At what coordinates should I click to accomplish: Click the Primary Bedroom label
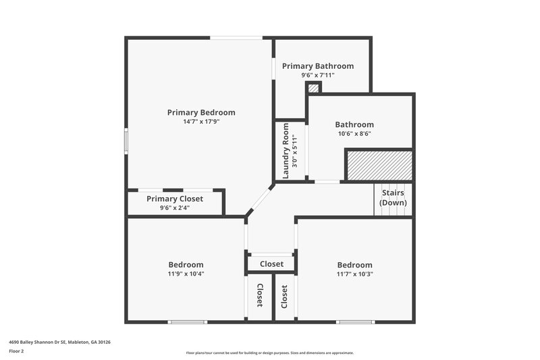coord(201,112)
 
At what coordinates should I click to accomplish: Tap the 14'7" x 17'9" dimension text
coord(201,122)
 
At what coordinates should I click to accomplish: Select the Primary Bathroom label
coord(317,66)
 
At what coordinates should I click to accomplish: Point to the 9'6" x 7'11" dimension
coord(317,75)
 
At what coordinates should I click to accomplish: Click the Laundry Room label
coord(286,151)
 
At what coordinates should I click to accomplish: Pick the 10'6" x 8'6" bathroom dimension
coord(354,134)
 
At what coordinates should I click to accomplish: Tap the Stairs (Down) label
coord(393,198)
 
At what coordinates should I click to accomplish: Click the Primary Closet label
coord(175,199)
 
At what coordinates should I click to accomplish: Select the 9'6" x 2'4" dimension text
coord(175,208)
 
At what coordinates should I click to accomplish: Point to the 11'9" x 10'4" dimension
coord(186,274)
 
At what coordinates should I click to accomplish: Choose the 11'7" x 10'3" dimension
coord(354,274)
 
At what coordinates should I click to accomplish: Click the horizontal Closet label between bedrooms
coord(271,264)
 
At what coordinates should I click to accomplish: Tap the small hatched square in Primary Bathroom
coord(313,88)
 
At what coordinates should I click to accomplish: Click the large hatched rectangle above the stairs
coord(379,165)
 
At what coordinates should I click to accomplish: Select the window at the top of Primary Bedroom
coord(236,38)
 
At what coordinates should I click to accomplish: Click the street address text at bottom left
coord(59,342)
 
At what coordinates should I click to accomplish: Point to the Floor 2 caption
coord(16,351)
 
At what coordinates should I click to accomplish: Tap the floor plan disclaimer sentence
coord(269,353)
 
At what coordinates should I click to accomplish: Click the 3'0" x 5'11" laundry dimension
coord(294,151)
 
